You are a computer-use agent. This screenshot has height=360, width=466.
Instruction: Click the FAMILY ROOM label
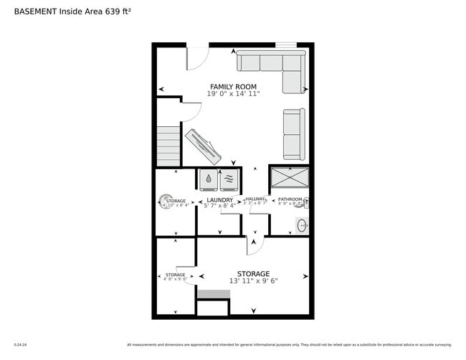pyautogui.click(x=233, y=87)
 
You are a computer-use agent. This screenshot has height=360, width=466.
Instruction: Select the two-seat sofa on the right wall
pyautogui.click(x=293, y=134)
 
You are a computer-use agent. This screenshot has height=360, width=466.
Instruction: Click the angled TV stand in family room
pyautogui.click(x=205, y=146)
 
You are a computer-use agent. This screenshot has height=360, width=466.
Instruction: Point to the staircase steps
pyautogui.click(x=168, y=146)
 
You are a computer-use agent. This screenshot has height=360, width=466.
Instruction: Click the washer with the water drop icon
pyautogui.click(x=209, y=179)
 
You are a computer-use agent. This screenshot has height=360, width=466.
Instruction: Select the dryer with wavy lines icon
pyautogui.click(x=229, y=179)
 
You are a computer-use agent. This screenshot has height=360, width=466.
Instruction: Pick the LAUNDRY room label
pyautogui.click(x=219, y=200)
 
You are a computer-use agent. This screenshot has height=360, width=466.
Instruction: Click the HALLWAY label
pyautogui.click(x=255, y=199)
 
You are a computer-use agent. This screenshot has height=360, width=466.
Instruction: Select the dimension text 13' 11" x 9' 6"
pyautogui.click(x=253, y=281)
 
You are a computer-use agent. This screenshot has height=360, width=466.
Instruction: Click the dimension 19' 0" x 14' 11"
pyautogui.click(x=233, y=94)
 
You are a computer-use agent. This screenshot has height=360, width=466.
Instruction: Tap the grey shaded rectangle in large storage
pyautogui.click(x=212, y=294)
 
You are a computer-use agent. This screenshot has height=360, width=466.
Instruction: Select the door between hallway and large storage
pyautogui.click(x=255, y=245)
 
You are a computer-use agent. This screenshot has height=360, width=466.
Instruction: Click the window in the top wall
pyautogui.click(x=286, y=45)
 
